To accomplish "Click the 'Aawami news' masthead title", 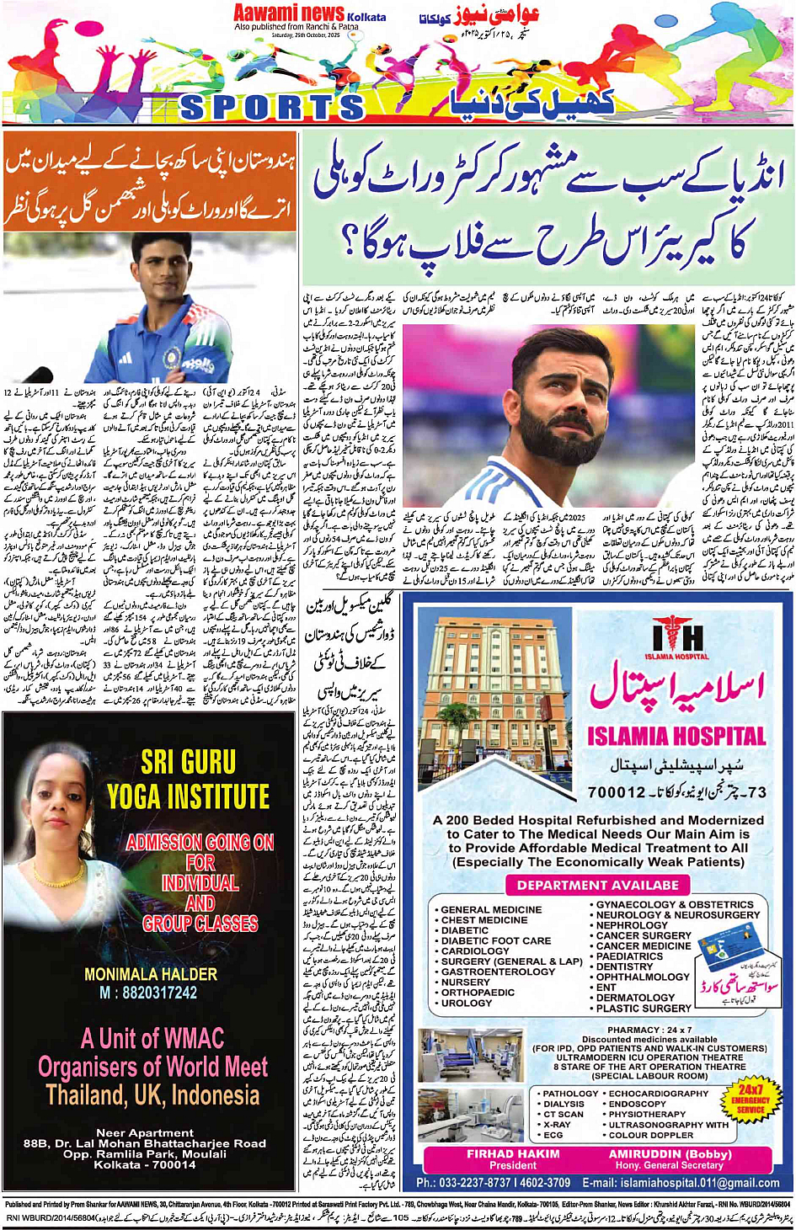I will click(289, 13).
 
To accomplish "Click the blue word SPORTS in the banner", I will click(271, 107).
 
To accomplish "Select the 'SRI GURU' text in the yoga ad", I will click(188, 762).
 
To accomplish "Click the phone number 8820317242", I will click(148, 993).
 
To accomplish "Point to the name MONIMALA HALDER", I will click(151, 974).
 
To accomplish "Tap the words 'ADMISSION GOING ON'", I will click(200, 842).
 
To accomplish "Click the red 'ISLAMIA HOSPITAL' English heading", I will click(677, 736).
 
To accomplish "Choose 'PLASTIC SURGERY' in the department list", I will click(644, 1008).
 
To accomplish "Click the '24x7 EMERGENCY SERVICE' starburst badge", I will click(750, 1099).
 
